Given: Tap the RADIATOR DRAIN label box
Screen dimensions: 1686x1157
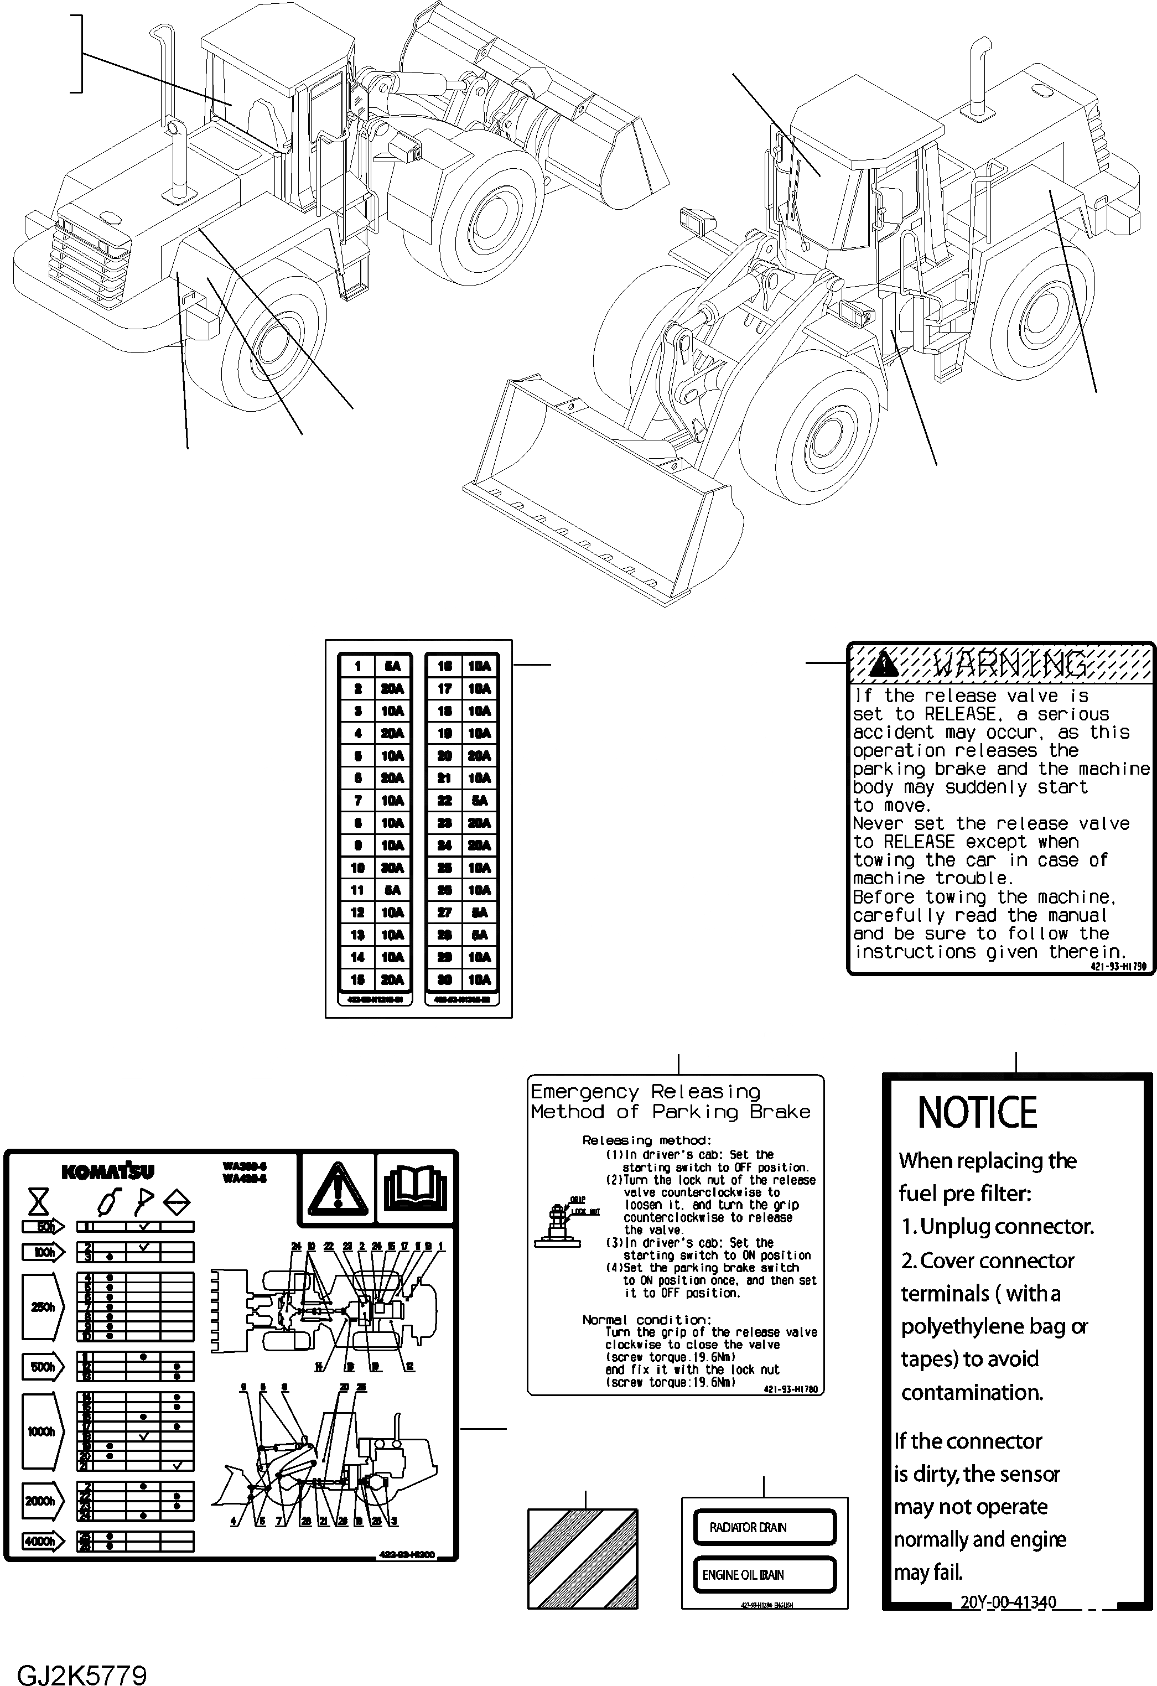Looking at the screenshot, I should click(x=764, y=1527).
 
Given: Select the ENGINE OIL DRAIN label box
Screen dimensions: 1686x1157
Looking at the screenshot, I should click(x=764, y=1575).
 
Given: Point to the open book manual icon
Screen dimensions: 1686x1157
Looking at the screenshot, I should click(x=416, y=1187).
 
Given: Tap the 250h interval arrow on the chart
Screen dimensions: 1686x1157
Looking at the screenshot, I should click(x=43, y=1308).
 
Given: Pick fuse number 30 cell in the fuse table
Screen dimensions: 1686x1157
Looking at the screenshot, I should click(x=445, y=979).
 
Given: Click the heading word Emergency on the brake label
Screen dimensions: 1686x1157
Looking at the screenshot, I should click(x=584, y=1091).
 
